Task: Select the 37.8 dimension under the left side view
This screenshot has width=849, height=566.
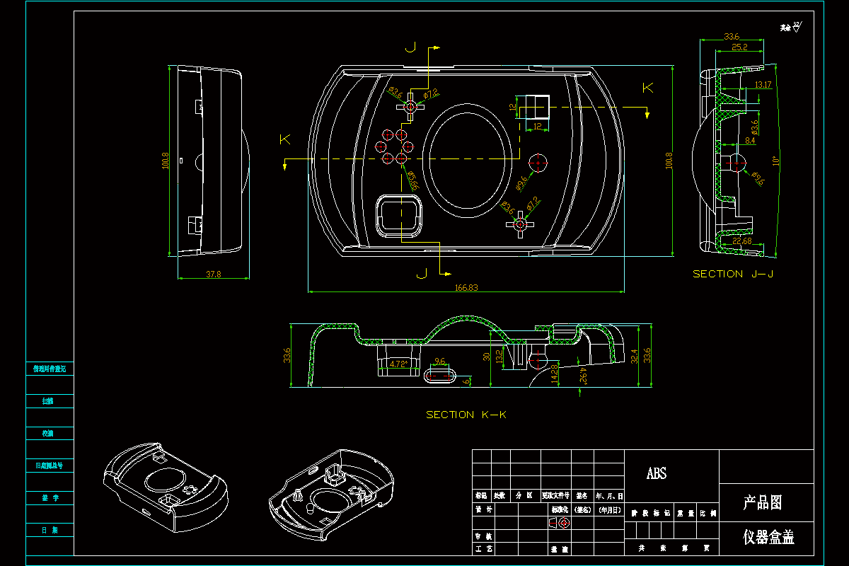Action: (213, 274)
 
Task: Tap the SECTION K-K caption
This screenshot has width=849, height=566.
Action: (466, 415)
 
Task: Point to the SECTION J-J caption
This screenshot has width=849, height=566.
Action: (728, 274)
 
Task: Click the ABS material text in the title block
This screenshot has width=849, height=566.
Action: (657, 474)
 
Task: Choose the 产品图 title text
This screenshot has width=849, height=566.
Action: (763, 503)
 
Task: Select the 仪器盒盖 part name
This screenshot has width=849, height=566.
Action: (768, 537)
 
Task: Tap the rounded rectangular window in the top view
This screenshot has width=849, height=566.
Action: (401, 214)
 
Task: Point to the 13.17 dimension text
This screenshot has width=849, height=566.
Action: (763, 85)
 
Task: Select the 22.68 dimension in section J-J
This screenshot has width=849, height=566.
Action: (742, 242)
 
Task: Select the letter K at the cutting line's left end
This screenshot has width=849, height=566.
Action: (284, 139)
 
